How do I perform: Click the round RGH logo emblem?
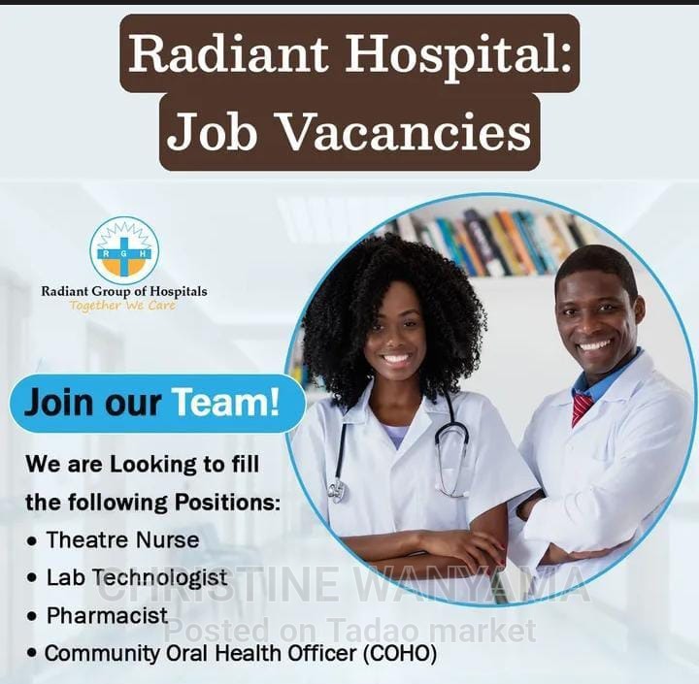[124, 250]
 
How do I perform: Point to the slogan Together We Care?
[123, 306]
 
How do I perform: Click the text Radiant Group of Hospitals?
[123, 291]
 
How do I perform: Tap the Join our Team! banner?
[155, 402]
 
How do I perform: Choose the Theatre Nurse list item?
[122, 539]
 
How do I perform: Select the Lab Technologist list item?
[136, 578]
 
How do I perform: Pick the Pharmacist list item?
[107, 615]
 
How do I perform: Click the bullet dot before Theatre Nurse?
[33, 540]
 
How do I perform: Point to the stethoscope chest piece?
[337, 491]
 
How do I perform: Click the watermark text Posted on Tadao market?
[349, 632]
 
